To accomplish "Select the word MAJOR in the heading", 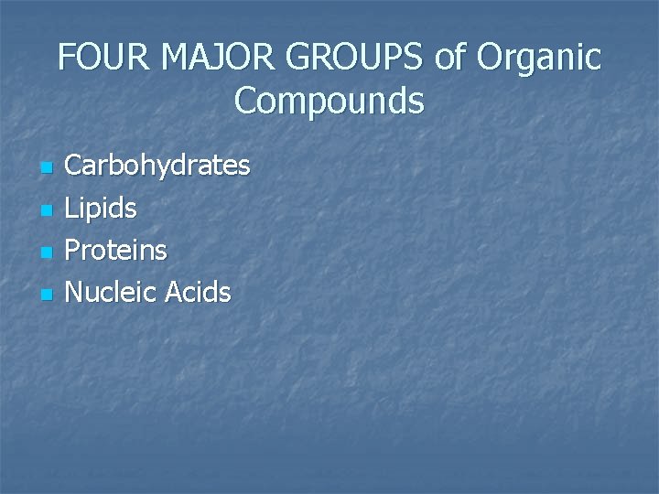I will click(219, 59).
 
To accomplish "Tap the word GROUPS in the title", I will click(355, 59).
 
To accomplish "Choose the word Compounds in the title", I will click(329, 101).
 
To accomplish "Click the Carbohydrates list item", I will click(157, 166).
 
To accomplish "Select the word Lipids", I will click(102, 209).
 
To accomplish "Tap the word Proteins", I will click(116, 251).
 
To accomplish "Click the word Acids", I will click(198, 293).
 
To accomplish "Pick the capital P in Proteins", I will click(74, 251).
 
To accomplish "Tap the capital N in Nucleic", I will click(76, 293).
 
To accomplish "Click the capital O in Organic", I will click(492, 59).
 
